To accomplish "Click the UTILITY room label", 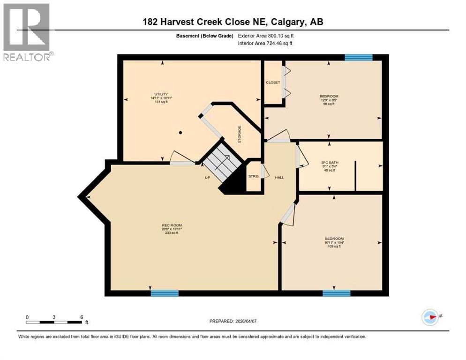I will (x=161, y=94).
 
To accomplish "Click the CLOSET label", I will (x=273, y=82).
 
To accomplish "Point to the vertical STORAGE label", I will (x=240, y=134).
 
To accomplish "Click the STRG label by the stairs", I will (x=253, y=176).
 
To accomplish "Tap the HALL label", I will (x=279, y=177).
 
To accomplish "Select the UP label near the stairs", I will (x=207, y=178).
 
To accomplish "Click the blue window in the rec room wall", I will (x=165, y=293).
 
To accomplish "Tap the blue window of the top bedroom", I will (x=359, y=58).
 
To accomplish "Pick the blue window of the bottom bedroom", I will (x=336, y=293).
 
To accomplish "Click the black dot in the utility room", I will (x=180, y=133).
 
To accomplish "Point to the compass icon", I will (x=430, y=317).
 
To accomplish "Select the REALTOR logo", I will (x=27, y=32).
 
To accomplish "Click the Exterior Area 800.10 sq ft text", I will (x=266, y=36).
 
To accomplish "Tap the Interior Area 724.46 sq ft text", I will (x=265, y=44).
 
